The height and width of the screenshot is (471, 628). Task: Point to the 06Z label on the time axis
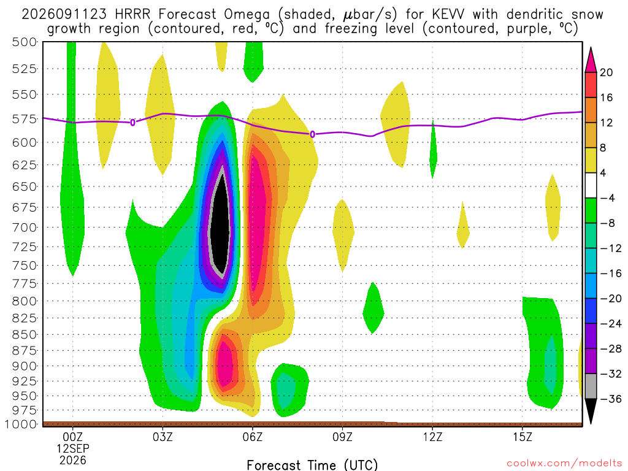(x=252, y=437)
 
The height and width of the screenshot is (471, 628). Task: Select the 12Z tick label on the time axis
(x=432, y=437)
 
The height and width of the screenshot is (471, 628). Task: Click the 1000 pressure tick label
(x=23, y=424)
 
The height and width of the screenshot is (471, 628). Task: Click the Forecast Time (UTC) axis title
(x=312, y=465)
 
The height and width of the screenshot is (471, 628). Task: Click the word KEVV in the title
(x=448, y=15)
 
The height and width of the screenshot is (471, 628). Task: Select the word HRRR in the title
(x=132, y=15)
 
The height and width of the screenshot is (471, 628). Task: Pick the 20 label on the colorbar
(x=606, y=72)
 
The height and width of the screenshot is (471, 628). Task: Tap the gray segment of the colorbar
(x=591, y=386)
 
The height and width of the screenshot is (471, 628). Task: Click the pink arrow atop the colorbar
(x=591, y=60)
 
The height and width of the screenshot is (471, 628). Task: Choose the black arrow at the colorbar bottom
(x=591, y=410)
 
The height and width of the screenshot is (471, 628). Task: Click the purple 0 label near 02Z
(x=132, y=123)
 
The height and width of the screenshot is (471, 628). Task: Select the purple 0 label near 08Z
(x=312, y=134)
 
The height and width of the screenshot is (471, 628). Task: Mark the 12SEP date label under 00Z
(x=73, y=448)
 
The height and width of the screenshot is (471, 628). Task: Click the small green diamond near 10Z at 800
(x=373, y=308)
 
